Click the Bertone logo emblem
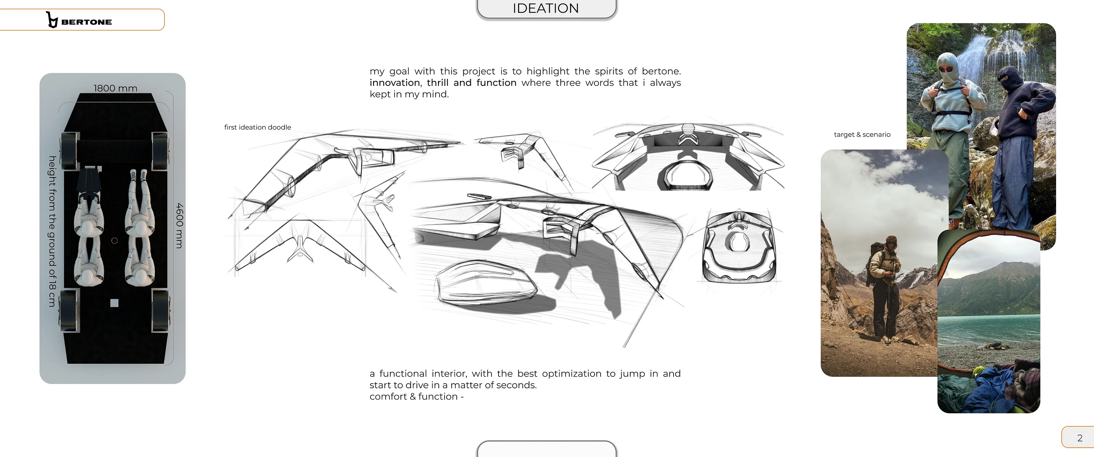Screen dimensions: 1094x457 (x=52, y=20)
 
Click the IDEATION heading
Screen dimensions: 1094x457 (x=546, y=8)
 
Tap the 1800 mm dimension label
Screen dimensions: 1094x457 (x=115, y=88)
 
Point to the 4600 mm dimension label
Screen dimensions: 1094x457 (x=180, y=225)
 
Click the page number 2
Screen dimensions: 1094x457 (x=1080, y=438)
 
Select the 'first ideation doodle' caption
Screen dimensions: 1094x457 (x=257, y=127)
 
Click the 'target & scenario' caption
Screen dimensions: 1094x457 (x=862, y=135)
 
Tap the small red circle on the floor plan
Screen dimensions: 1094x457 (x=114, y=240)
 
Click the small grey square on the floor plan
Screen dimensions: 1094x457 (x=114, y=303)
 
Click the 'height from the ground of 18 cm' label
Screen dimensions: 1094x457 (x=52, y=231)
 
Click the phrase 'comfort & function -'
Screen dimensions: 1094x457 (x=417, y=397)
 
